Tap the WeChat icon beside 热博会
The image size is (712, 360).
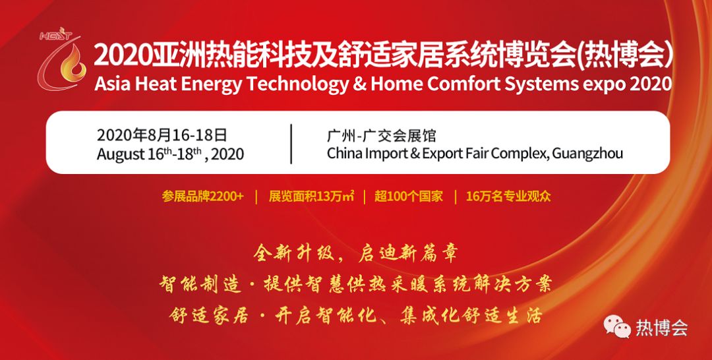[x=617, y=327]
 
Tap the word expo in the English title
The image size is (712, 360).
[x=601, y=85]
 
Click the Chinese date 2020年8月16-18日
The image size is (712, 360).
[x=162, y=135]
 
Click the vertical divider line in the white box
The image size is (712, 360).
[x=291, y=144]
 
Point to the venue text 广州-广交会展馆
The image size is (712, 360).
[x=381, y=135]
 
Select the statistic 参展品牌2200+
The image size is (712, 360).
[x=202, y=196]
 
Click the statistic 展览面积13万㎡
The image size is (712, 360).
[x=311, y=196]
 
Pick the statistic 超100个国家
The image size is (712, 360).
[x=409, y=196]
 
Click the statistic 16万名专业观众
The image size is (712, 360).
[x=508, y=196]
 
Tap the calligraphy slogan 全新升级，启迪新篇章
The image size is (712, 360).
[x=355, y=254]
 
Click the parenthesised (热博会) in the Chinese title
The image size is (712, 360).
[x=624, y=57]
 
